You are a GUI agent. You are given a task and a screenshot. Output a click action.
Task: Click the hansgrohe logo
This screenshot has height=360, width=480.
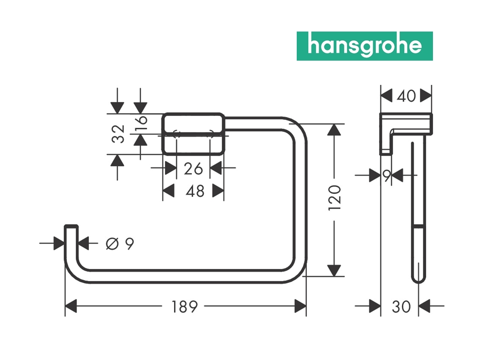click(x=364, y=46)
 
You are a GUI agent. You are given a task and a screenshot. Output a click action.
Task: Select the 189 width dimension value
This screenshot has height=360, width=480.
click(x=185, y=307)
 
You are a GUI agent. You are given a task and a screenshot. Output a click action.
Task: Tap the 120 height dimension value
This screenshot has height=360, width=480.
click(x=335, y=197)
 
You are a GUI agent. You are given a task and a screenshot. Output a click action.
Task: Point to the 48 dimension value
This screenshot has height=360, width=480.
click(x=195, y=191)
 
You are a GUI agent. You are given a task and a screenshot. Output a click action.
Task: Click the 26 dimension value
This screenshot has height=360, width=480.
click(x=193, y=169)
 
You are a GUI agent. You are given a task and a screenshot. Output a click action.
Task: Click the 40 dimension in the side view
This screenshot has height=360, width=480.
click(x=406, y=96)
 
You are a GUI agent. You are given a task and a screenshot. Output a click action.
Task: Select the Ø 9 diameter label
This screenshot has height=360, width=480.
click(x=119, y=244)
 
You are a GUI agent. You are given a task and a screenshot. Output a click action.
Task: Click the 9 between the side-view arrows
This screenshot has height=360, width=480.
click(x=386, y=176)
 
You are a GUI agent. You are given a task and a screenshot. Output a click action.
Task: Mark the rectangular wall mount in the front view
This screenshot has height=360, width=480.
click(x=193, y=134)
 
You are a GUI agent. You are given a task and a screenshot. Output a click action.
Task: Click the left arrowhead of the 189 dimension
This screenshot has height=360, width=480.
click(x=71, y=306)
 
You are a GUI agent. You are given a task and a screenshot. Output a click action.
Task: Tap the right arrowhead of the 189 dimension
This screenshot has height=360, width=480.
click(x=301, y=306)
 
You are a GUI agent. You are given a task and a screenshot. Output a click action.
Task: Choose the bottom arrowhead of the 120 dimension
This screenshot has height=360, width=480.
click(x=334, y=271)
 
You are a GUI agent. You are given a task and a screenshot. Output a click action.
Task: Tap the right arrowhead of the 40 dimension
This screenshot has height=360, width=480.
click(x=426, y=96)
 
